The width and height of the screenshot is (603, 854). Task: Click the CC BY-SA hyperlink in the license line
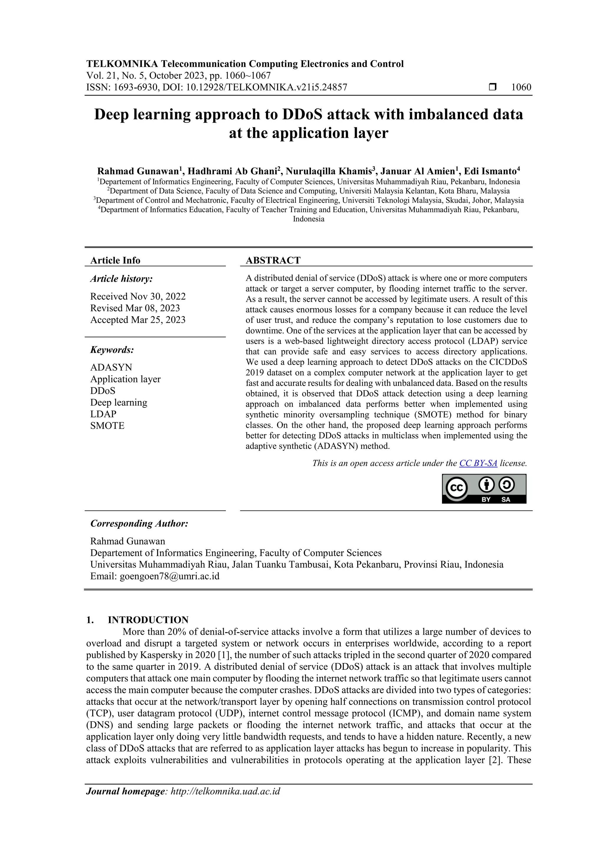tap(478, 463)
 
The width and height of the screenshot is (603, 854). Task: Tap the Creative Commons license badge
tap(484, 489)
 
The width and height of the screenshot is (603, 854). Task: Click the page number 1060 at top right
tap(521, 88)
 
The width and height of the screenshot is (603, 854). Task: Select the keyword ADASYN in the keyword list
tap(111, 368)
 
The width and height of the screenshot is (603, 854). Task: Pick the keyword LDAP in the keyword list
tap(103, 414)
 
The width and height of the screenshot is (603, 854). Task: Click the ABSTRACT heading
tap(273, 260)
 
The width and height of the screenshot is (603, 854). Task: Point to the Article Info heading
tap(115, 260)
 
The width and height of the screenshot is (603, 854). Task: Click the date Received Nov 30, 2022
tap(138, 297)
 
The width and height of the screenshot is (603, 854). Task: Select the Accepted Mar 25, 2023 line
tap(138, 320)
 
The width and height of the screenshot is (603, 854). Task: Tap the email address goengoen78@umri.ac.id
tap(169, 576)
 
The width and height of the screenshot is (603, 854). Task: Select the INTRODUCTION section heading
tap(148, 620)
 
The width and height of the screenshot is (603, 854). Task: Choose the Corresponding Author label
tap(139, 524)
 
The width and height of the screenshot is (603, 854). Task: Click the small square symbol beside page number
tap(493, 88)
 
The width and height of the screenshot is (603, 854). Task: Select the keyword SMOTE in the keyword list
tap(107, 426)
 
